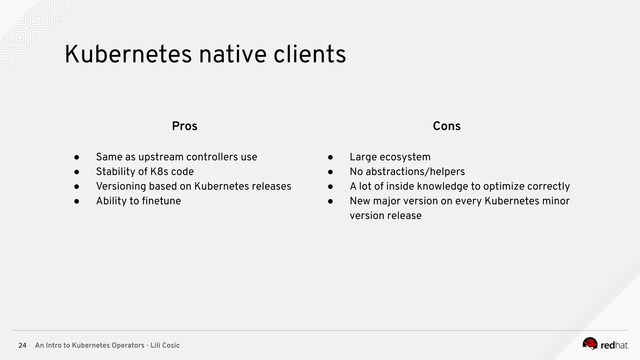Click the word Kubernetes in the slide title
click(x=128, y=54)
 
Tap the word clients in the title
click(x=310, y=54)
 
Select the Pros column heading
click(x=184, y=126)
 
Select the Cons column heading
click(x=447, y=126)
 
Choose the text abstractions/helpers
click(x=415, y=172)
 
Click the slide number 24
click(x=22, y=345)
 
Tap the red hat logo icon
click(x=590, y=344)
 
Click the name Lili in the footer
click(x=156, y=345)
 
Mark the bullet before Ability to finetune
click(x=77, y=201)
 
